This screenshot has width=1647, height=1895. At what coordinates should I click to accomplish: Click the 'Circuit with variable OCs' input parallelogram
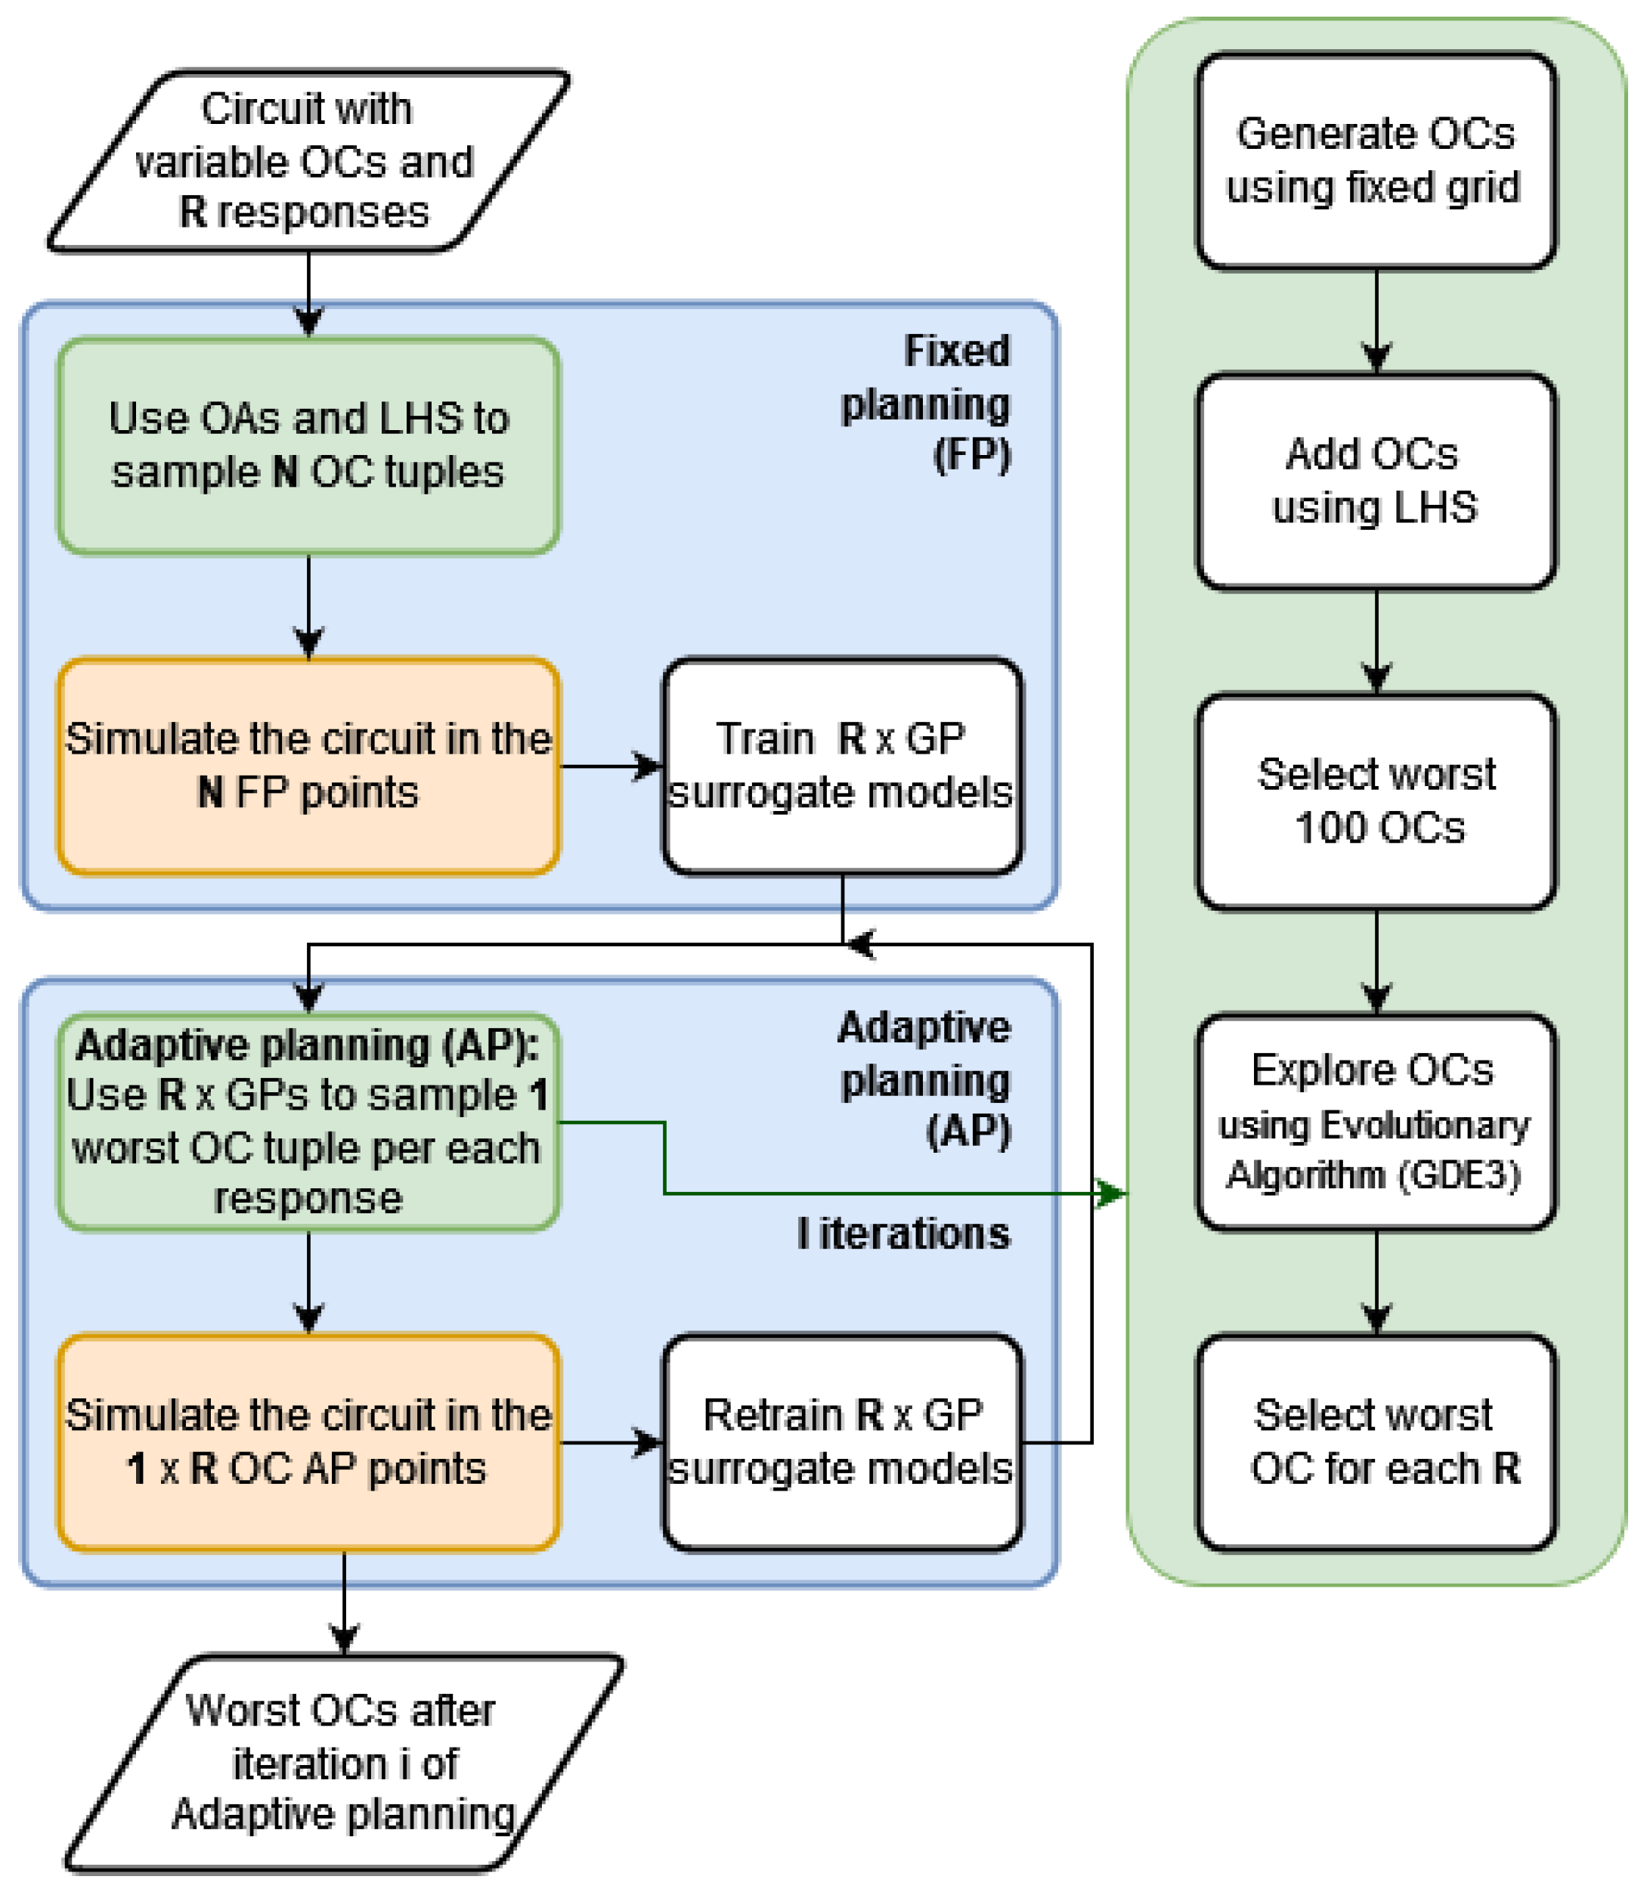point(308,161)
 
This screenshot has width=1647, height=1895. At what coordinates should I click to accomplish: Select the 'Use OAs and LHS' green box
point(308,446)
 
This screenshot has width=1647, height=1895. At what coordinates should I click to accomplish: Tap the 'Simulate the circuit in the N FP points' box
point(308,766)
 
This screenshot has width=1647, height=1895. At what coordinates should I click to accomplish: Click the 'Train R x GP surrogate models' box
point(842,766)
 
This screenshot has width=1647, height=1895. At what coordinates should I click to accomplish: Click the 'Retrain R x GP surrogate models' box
point(842,1442)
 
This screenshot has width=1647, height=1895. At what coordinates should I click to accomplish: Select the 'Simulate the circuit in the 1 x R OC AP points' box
point(308,1442)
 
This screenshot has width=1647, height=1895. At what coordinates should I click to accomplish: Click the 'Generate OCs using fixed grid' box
point(1375,161)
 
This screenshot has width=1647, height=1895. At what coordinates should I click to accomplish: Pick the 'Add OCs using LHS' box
point(1375,481)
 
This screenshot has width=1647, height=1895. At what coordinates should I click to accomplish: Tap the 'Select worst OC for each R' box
point(1375,1442)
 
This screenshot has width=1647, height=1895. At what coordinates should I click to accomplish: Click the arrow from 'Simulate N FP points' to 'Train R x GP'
point(611,766)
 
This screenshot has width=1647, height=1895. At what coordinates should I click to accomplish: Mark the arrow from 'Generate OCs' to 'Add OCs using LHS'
point(1376,322)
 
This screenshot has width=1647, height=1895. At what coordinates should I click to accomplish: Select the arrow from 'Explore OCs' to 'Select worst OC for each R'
point(1376,1282)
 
